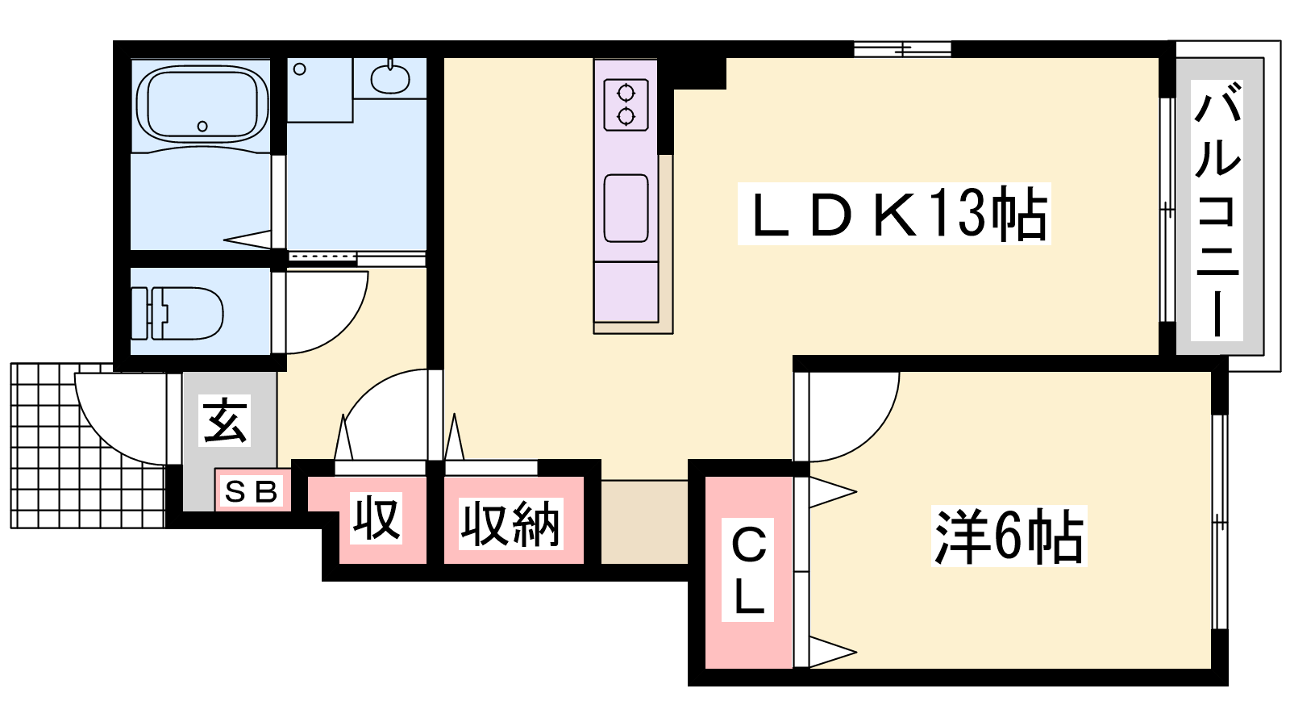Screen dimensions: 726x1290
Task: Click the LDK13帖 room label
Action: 893,214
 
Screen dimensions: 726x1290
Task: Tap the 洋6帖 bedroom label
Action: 1009,536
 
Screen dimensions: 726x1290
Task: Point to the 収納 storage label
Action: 510,524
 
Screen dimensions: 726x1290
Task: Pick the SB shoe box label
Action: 252,490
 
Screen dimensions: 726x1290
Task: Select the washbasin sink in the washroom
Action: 390,78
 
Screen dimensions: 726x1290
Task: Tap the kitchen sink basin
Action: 626,208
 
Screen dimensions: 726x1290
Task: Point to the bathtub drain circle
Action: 202,126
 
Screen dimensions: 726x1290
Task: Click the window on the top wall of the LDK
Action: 903,49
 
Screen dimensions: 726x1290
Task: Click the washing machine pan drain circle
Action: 300,69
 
